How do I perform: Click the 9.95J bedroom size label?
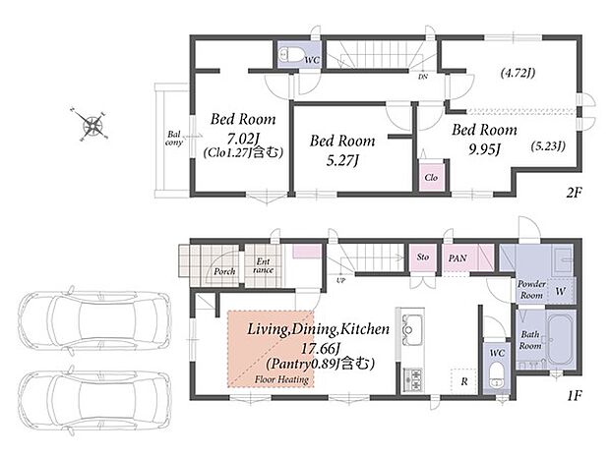coord(484,149)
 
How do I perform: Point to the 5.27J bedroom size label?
coord(342,160)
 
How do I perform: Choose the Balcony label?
coord(174,139)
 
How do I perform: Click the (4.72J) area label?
coord(518,73)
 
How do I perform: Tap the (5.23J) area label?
coord(548,145)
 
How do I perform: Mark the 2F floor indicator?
coord(574,193)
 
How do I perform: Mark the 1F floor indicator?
coord(575,396)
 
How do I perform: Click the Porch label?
coord(224,271)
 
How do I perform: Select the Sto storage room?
coord(423,257)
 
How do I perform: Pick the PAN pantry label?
coord(457,258)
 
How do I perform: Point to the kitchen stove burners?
coord(413,379)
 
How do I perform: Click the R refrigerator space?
coord(463,381)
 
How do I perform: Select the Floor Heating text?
coord(281,379)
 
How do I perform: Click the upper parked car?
coord(95,319)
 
